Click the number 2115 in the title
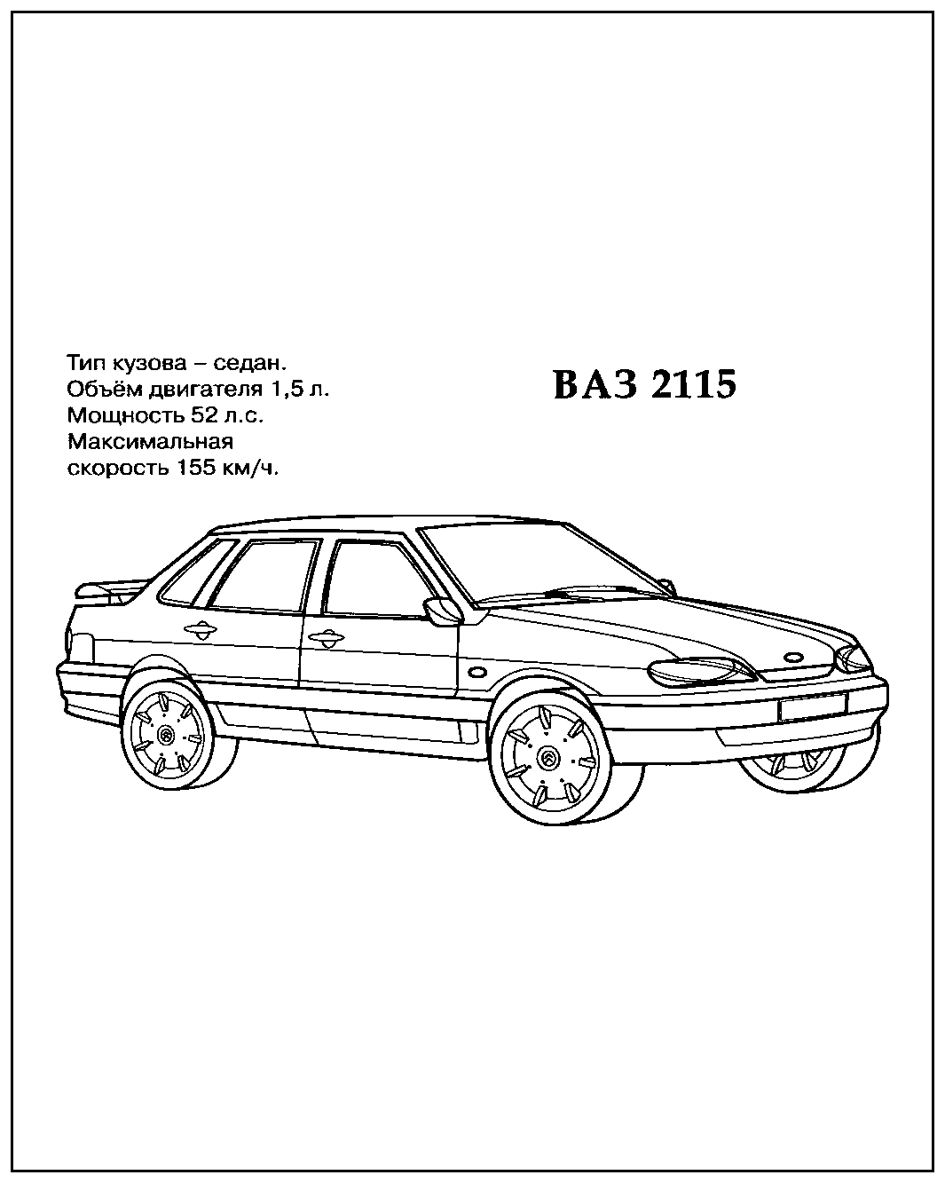pos(693,384)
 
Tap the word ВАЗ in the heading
pos(595,384)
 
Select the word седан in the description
pos(250,363)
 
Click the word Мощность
pos(125,417)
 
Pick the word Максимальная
pos(150,442)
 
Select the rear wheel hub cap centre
pos(165,735)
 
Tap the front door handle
pos(326,637)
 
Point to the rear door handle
pos(201,629)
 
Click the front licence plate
pos(812,707)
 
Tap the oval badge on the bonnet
pos(793,657)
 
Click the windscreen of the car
pos(544,562)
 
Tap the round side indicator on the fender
pos(476,672)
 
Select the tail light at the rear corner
pos(80,650)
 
